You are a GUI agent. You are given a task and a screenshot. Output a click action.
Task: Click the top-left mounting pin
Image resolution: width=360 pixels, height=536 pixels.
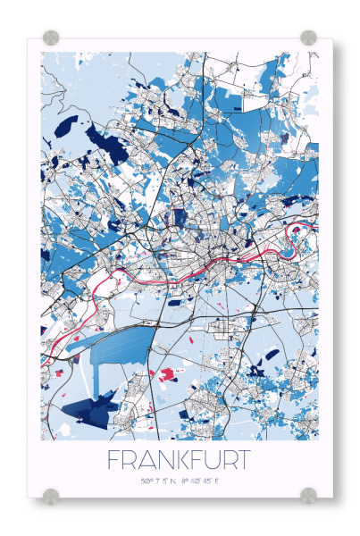pyautogui.click(x=51, y=38)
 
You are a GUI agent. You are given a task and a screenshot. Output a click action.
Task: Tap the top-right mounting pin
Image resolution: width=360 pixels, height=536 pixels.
pyautogui.click(x=308, y=38)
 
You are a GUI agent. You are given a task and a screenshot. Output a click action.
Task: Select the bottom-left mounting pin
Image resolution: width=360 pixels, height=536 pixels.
pyautogui.click(x=51, y=494)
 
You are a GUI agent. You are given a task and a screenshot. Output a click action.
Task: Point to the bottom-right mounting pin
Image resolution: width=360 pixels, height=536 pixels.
pyautogui.click(x=308, y=494)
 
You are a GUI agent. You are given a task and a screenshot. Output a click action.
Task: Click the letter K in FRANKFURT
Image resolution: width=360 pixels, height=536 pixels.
pyautogui.click(x=177, y=461)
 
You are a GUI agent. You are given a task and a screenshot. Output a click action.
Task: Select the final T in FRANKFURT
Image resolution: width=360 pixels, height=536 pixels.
pyautogui.click(x=243, y=461)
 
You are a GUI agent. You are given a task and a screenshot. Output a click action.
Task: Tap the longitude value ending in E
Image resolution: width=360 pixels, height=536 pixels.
pyautogui.click(x=201, y=482)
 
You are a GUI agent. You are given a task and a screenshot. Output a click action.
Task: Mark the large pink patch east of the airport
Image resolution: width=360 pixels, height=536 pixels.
pyautogui.click(x=165, y=373)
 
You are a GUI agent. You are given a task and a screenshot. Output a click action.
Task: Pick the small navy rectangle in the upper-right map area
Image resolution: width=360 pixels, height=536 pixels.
pyautogui.click(x=237, y=106)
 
